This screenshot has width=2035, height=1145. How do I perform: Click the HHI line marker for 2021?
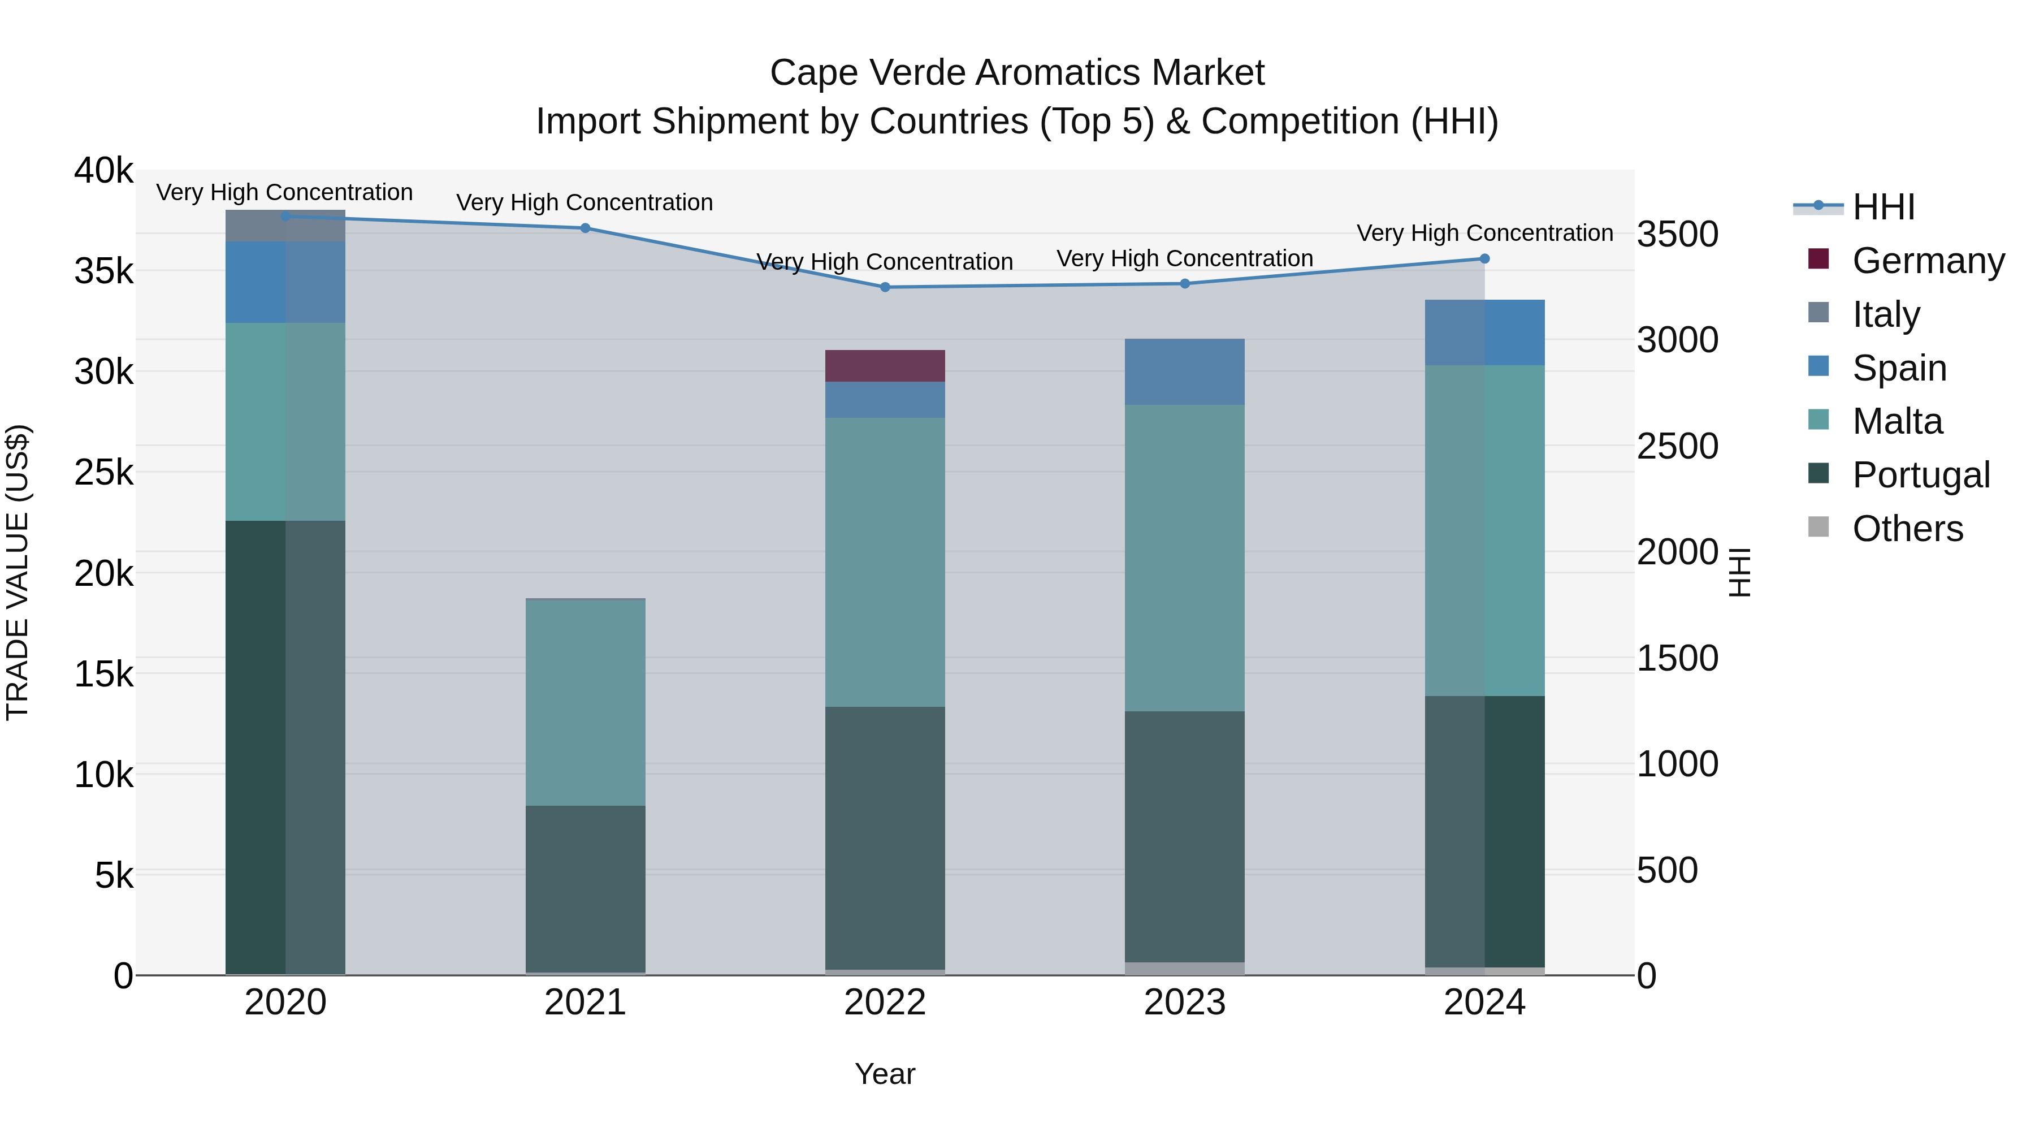pos(586,228)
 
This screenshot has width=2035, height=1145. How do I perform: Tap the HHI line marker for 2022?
pos(885,288)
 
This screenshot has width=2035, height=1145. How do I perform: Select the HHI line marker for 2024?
pos(1484,259)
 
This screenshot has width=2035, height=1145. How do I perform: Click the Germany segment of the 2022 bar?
pos(885,366)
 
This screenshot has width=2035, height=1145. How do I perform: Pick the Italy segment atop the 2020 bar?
pos(285,226)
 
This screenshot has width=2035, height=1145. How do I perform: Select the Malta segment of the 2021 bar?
pos(586,702)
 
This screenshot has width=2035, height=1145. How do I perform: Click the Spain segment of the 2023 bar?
pos(1184,372)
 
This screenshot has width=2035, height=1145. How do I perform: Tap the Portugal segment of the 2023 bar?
pos(1184,836)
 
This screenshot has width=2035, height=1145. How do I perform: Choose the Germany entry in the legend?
pos(1928,261)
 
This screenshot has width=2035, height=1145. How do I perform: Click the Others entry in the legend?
pos(1907,529)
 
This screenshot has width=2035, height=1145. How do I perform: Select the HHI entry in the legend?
pos(1884,207)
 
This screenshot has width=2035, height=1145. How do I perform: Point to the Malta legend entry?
pos(1897,421)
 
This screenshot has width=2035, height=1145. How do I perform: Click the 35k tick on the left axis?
pos(104,271)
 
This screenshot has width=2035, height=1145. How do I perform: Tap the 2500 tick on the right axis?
pos(1677,447)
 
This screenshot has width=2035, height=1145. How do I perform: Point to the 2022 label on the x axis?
pos(885,1003)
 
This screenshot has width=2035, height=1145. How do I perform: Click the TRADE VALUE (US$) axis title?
pos(18,572)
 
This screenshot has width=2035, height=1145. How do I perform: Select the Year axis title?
pos(885,1074)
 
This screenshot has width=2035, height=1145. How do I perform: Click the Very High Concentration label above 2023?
pos(1184,258)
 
